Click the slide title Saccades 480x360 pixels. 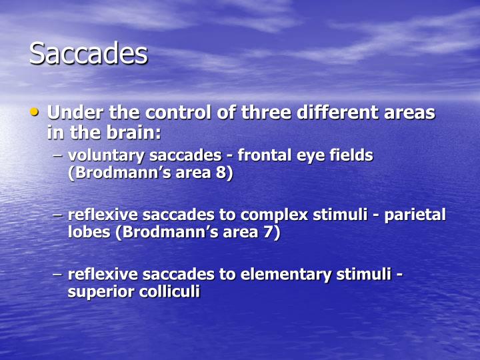88,53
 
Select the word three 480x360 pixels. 264,113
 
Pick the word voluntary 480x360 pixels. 107,155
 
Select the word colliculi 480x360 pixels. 169,291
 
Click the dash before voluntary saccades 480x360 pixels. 57,157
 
